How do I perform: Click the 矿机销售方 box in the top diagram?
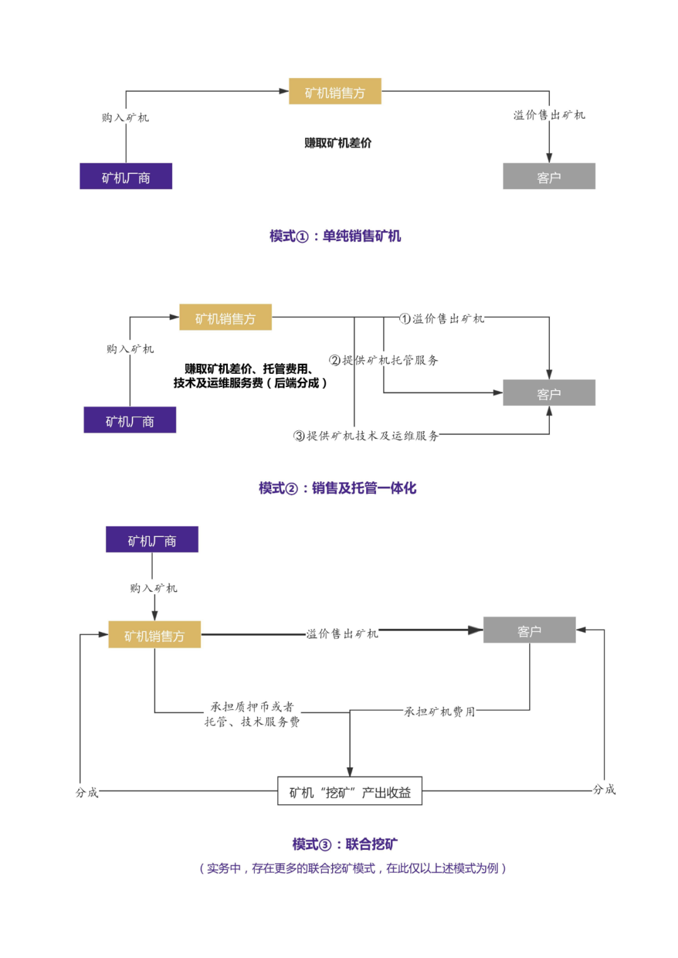point(335,92)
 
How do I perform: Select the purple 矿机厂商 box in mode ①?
point(126,177)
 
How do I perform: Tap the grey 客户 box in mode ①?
point(549,177)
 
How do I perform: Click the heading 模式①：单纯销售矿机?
point(335,236)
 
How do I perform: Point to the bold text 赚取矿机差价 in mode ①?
point(338,143)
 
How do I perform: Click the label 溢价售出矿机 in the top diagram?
point(549,115)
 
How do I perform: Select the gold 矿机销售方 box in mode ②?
point(225,318)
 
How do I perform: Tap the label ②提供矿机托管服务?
point(384,360)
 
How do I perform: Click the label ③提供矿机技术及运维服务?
point(366,435)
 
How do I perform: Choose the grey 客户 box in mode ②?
point(549,393)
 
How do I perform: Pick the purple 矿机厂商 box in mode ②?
point(130,420)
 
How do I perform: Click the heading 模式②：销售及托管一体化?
point(337,488)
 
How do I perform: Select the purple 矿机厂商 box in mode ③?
point(152,540)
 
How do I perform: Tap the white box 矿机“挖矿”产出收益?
point(350,792)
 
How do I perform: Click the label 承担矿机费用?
point(439,712)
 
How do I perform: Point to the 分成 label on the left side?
point(87,792)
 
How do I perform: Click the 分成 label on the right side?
point(604,789)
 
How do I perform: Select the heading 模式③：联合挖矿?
point(345,844)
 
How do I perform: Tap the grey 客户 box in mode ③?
point(529,630)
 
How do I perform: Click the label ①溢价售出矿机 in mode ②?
point(442,318)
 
